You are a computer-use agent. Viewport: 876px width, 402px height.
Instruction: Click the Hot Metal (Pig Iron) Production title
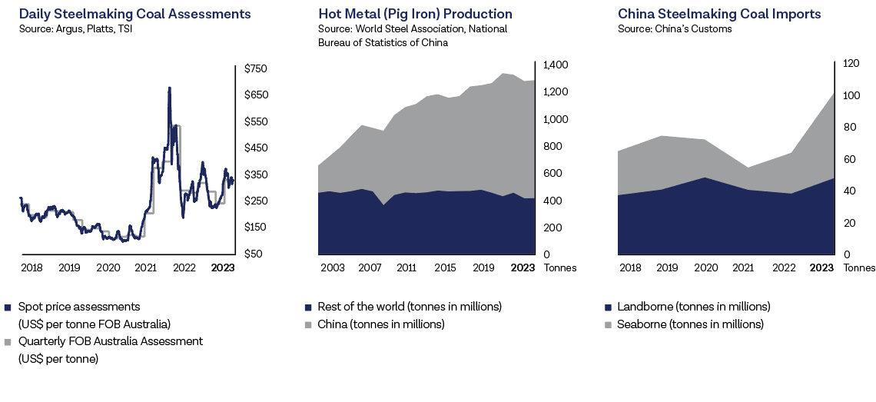pos(415,14)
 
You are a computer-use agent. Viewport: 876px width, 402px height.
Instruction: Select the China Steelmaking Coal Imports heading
pos(719,14)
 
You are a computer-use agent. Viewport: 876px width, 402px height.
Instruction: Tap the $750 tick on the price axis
pos(255,69)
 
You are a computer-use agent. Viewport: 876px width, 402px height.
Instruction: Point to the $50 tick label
pos(252,254)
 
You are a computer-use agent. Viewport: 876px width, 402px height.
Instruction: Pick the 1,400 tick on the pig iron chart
pos(556,65)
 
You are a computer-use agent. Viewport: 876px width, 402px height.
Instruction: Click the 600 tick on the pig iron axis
pos(552,174)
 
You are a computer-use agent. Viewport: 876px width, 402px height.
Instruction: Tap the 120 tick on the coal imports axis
pos(851,65)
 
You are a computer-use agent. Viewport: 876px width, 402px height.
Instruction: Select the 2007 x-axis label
pos(370,268)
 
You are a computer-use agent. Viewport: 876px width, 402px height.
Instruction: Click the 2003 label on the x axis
pos(333,268)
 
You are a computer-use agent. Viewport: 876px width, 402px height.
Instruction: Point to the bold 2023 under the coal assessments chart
pos(223,268)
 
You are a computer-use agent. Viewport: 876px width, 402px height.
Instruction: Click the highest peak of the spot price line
pos(169,88)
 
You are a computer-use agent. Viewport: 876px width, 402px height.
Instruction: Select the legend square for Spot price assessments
pos(8,307)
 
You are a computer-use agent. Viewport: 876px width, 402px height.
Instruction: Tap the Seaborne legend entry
pos(690,324)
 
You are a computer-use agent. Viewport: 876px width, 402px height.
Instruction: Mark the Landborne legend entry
pos(693,307)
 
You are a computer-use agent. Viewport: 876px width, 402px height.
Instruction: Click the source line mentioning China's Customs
pos(675,29)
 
